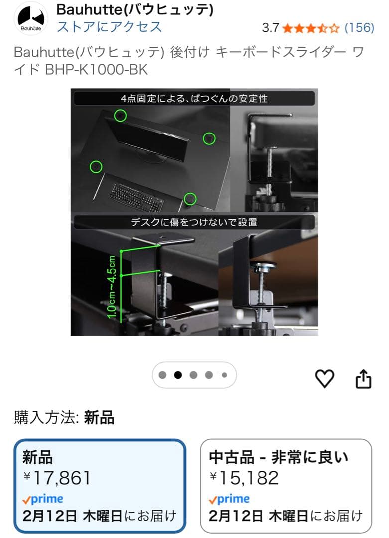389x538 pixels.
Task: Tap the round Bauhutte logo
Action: (31, 18)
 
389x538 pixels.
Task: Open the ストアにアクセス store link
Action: (109, 27)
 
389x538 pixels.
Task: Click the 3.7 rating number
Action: (270, 28)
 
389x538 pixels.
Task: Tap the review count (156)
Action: (359, 28)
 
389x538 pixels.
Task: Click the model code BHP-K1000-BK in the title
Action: (97, 70)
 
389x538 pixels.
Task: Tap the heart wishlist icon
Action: (325, 379)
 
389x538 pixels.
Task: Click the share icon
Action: (363, 379)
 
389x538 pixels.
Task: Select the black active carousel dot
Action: (178, 375)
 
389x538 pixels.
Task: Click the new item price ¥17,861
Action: (57, 478)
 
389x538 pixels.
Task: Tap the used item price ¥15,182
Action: (244, 478)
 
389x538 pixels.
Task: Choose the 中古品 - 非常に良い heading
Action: (278, 457)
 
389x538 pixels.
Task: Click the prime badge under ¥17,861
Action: (43, 500)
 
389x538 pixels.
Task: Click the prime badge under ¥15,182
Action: (229, 500)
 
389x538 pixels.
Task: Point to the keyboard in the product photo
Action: (136, 197)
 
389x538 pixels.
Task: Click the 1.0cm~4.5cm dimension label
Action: (112, 287)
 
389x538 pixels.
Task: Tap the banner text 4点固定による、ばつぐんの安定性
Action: (194, 99)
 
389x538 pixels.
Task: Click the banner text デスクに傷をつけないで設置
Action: (194, 222)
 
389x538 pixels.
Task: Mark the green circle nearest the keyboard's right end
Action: (190, 199)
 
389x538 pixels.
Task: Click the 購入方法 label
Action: (47, 417)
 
